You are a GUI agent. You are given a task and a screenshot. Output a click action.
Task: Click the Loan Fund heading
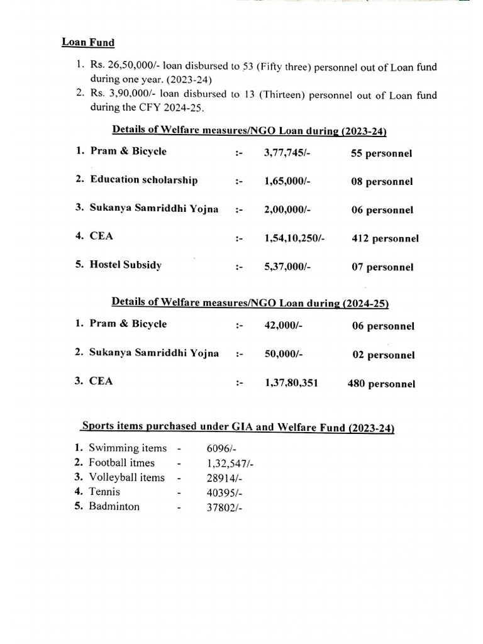tap(88, 43)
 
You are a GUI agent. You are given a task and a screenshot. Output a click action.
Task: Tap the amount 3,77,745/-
tap(288, 152)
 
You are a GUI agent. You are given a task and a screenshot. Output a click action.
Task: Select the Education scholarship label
tap(144, 180)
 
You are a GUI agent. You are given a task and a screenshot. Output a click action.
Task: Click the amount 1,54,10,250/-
tap(295, 238)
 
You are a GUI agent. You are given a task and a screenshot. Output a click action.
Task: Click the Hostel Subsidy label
tap(126, 265)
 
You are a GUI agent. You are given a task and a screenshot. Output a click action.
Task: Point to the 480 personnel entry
tap(382, 384)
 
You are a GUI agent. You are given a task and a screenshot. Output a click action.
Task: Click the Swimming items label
tap(128, 448)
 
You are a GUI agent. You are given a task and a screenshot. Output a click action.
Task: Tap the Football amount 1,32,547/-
tap(230, 464)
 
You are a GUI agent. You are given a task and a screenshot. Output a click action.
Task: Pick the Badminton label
tap(114, 506)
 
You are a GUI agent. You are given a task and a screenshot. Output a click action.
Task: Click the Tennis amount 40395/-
tap(223, 492)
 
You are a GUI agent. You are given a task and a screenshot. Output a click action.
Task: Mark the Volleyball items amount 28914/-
tap(223, 478)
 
